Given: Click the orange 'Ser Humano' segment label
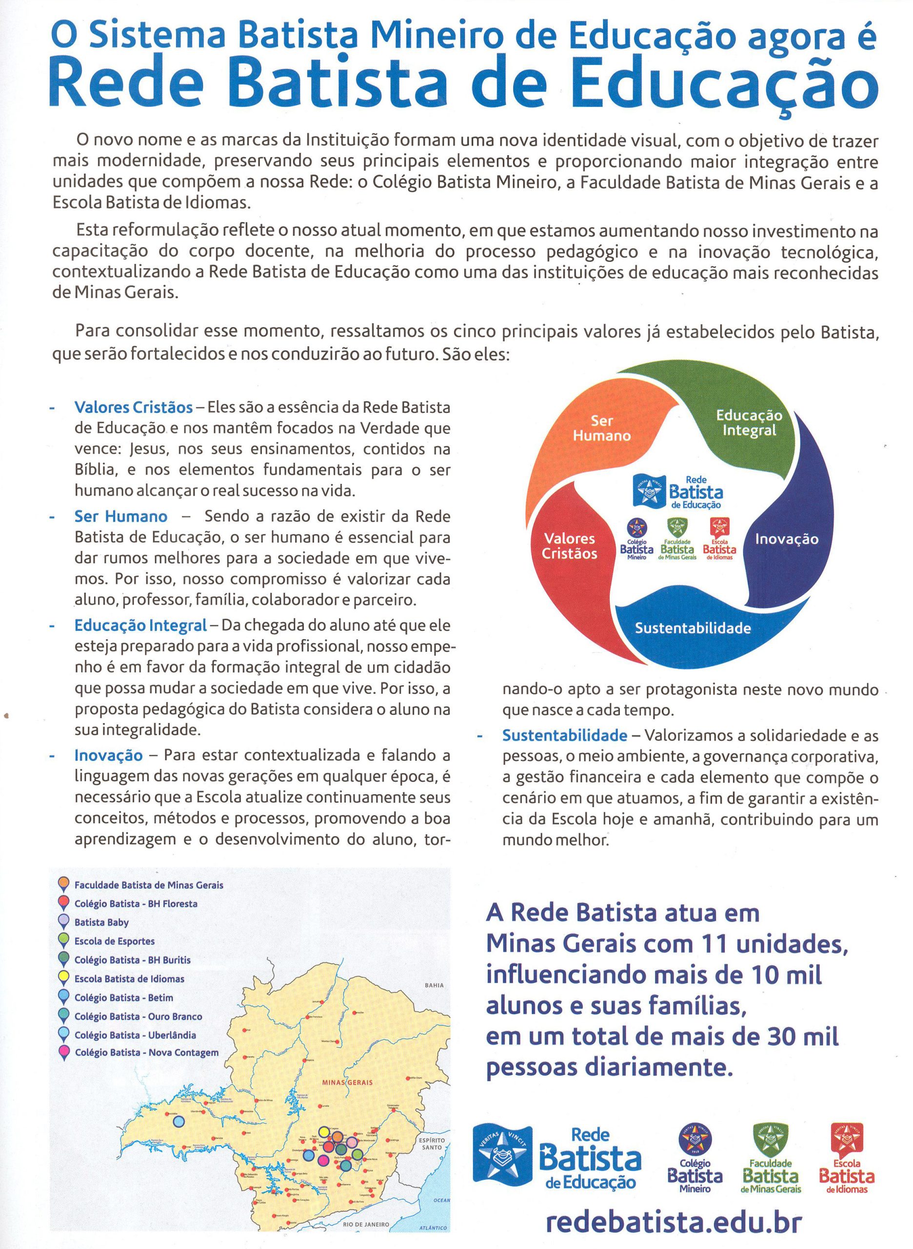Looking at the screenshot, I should coord(601,428).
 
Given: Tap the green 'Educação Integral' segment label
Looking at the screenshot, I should coord(749,423).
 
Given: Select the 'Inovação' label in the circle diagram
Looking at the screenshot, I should coord(787,539).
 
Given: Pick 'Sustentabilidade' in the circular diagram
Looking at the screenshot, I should coord(692,628).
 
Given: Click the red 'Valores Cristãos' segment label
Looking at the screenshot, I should coord(569,546).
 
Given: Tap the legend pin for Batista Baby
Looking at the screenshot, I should coord(63,922).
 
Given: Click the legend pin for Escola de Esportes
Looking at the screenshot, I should coord(63,941).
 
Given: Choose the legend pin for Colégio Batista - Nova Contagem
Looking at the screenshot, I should coord(63,1054).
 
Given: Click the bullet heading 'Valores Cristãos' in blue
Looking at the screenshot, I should coord(133,407).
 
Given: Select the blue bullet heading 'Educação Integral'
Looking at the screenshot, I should coord(140,626).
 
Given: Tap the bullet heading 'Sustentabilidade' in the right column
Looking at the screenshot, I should coord(564,736).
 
